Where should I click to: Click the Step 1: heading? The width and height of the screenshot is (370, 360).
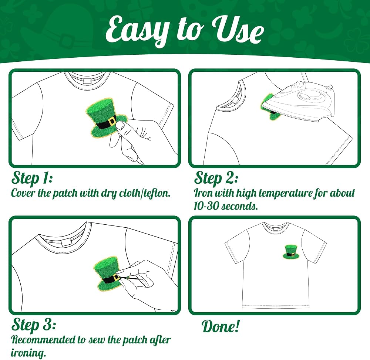tap(32, 178)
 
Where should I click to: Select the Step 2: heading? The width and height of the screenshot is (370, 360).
tap(216, 178)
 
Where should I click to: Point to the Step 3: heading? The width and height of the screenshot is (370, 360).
tap(34, 325)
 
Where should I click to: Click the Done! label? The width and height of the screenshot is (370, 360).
tap(221, 326)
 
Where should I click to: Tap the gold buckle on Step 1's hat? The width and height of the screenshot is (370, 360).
tap(112, 121)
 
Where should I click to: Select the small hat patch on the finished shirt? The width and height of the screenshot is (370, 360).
tap(291, 252)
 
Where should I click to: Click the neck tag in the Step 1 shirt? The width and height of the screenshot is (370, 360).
tap(87, 81)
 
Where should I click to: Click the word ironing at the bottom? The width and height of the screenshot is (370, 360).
tap(28, 353)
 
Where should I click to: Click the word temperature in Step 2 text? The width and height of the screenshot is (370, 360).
tap(285, 193)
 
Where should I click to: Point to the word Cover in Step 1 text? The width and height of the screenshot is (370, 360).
tap(23, 193)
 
